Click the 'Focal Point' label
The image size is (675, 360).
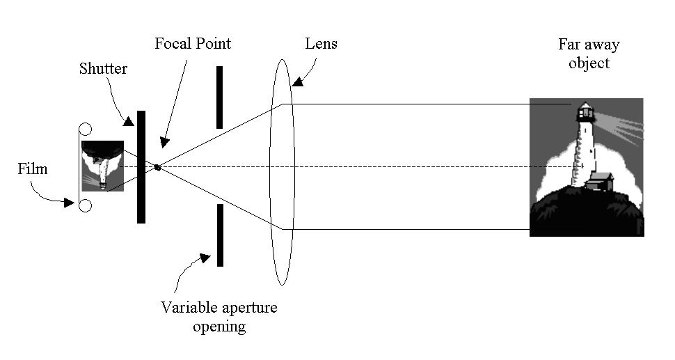point(193,43)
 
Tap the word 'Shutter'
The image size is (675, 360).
point(103,68)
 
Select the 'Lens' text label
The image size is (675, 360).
point(321,43)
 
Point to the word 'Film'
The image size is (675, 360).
point(32,169)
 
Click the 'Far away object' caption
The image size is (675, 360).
point(589,54)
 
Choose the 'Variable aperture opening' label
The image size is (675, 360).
point(219,317)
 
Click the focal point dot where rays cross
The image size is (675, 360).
point(157,167)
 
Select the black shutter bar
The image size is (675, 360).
point(141,167)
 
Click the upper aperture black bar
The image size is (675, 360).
point(219,97)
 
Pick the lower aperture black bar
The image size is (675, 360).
point(220,235)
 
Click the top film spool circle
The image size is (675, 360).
point(85,130)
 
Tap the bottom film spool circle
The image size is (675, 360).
point(85,206)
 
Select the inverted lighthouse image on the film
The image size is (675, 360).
point(102,166)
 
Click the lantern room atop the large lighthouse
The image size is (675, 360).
point(585,112)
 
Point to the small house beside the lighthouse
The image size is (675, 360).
point(600,181)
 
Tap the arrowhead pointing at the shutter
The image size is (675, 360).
point(128,121)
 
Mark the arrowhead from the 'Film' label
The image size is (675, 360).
point(69,203)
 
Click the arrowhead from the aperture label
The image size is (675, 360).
point(205,258)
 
